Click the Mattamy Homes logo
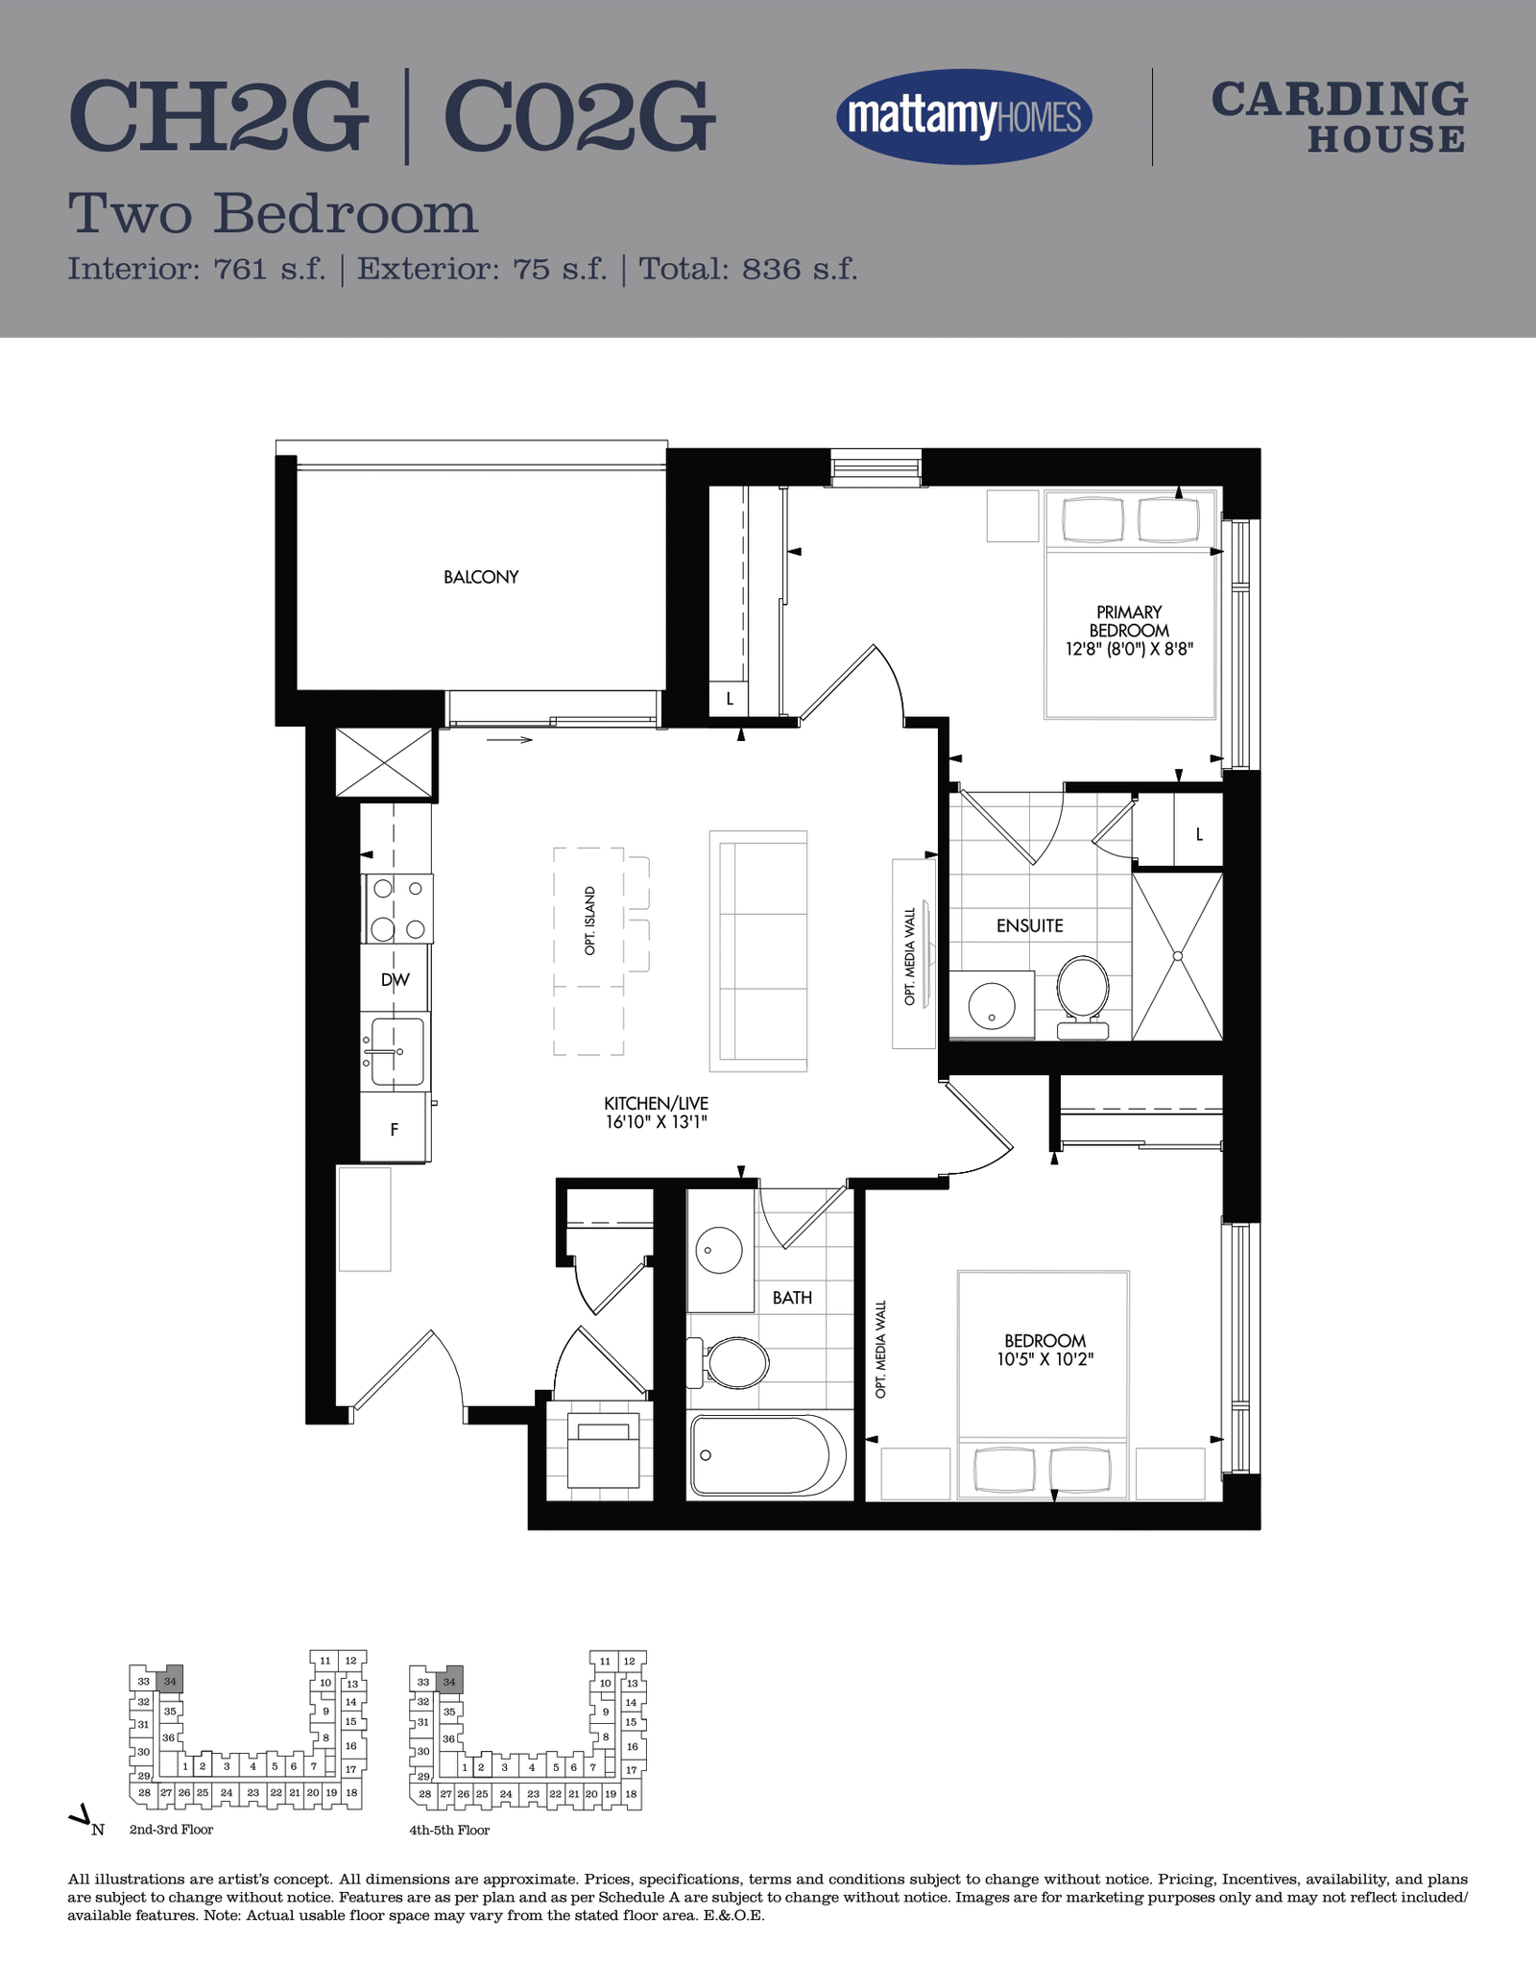[x=964, y=117]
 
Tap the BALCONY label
[x=481, y=577]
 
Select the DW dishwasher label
[x=395, y=979]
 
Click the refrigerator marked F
[x=394, y=1128]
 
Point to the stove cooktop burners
[x=397, y=908]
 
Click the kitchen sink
[x=396, y=1051]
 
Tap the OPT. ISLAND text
[x=589, y=921]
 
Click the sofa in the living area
[x=758, y=950]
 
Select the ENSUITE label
[x=1029, y=925]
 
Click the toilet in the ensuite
[x=1083, y=996]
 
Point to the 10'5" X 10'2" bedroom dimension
[x=1045, y=1359]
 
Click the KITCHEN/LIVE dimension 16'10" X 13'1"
[x=656, y=1121]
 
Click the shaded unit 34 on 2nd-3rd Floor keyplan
[x=170, y=1681]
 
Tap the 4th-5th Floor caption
[x=449, y=1830]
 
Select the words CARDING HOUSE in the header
[x=1339, y=117]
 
